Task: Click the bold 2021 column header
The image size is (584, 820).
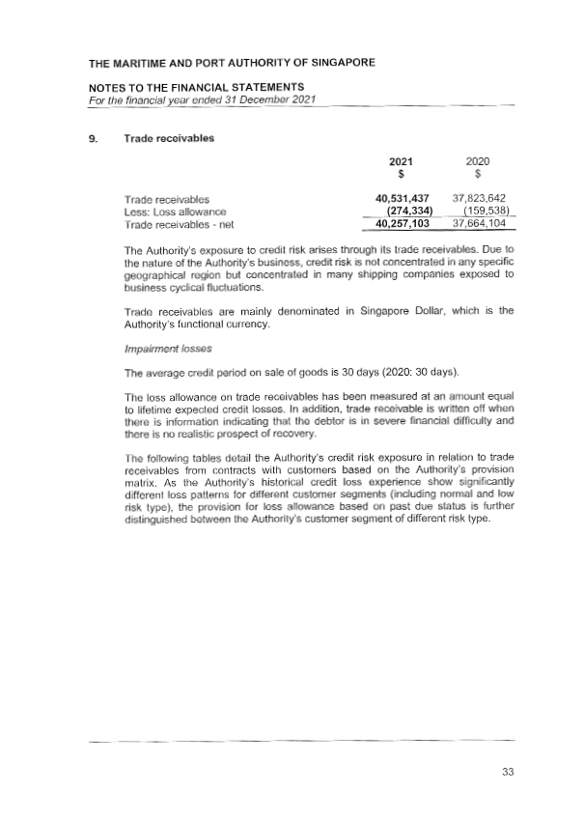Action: click(401, 162)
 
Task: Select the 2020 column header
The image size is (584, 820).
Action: click(479, 162)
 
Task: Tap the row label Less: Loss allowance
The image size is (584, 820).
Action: click(168, 211)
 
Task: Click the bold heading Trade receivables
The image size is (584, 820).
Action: click(169, 137)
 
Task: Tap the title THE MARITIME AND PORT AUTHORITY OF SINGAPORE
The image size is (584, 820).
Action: click(232, 64)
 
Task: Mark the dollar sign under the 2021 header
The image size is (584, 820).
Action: click(401, 175)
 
